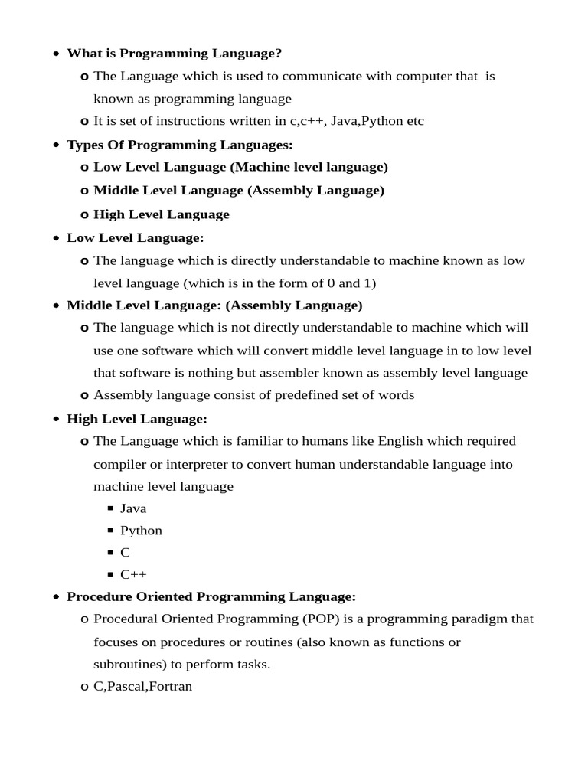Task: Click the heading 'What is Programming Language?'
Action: coord(175,53)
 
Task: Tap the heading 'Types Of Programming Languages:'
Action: coord(180,145)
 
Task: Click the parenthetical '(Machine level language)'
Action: coord(309,167)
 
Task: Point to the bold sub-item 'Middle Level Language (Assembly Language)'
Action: coord(239,190)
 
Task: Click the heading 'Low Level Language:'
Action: coord(136,237)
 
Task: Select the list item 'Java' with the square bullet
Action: coord(133,508)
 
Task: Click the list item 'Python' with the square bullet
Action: coord(141,531)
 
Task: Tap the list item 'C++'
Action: coord(133,574)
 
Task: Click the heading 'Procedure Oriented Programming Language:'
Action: coord(211,596)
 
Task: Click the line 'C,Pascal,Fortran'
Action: coord(142,687)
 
